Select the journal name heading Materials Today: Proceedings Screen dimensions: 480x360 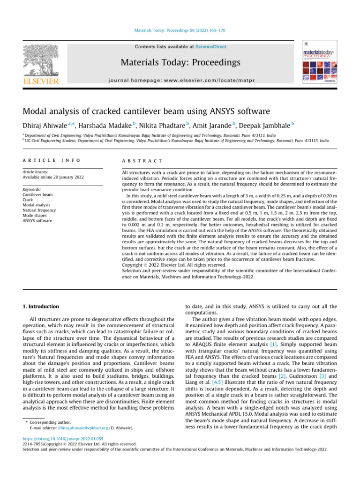point(181,62)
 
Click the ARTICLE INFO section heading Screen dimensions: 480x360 point(51,161)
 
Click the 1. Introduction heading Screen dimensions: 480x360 point(41,307)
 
